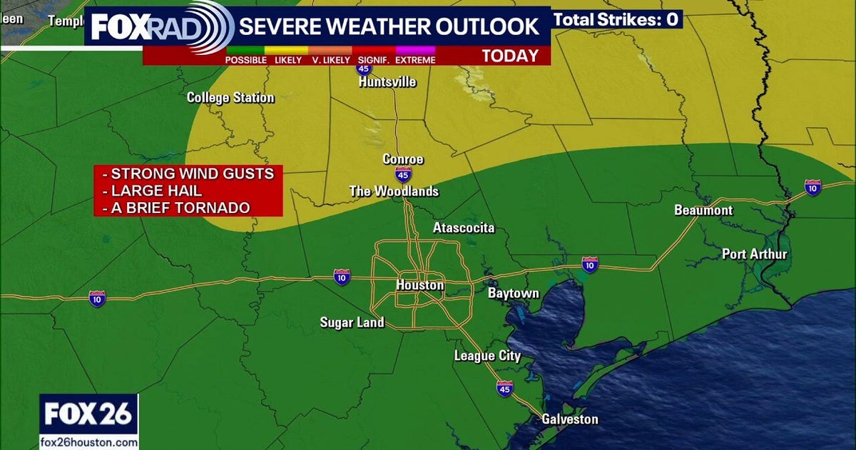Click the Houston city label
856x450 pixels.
pyautogui.click(x=419, y=285)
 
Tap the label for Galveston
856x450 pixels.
pyautogui.click(x=569, y=419)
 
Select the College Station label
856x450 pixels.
pyautogui.click(x=230, y=97)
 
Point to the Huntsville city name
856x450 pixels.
pyautogui.click(x=387, y=81)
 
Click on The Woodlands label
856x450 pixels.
pyautogui.click(x=393, y=191)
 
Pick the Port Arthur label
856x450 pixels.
pyautogui.click(x=754, y=254)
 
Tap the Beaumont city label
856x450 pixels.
pyautogui.click(x=703, y=210)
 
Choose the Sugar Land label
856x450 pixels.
pyautogui.click(x=352, y=323)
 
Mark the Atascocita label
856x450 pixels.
pyautogui.click(x=464, y=229)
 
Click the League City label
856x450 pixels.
pyautogui.click(x=487, y=356)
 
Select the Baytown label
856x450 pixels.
pyautogui.click(x=513, y=294)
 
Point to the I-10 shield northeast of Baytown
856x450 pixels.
pyautogui.click(x=590, y=263)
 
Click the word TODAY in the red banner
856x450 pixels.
pyautogui.click(x=511, y=56)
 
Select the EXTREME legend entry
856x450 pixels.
pyautogui.click(x=415, y=60)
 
